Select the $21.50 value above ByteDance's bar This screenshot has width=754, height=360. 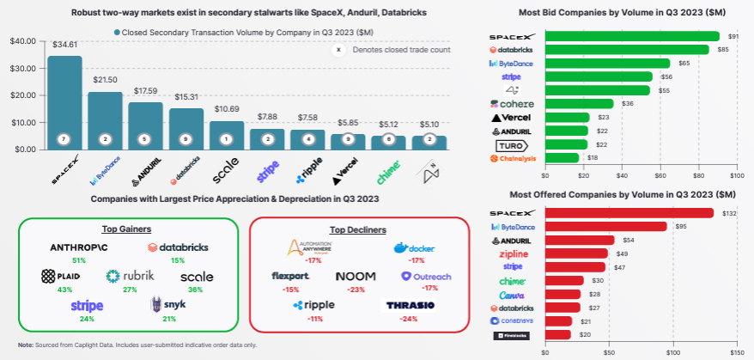coord(105,80)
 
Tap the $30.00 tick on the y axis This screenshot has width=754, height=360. coord(23,68)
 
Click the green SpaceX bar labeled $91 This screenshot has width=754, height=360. coord(631,36)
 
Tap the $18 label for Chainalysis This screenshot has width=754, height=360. coord(592,158)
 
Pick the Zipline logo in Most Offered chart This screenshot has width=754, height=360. coord(513,254)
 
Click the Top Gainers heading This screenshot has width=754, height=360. coord(127,229)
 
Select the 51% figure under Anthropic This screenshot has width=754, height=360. coord(79,260)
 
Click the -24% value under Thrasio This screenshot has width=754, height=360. coord(409,319)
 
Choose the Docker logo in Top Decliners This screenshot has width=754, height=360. coord(411,247)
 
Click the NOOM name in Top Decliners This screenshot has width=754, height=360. coord(354,277)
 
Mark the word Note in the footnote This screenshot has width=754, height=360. coord(26,345)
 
